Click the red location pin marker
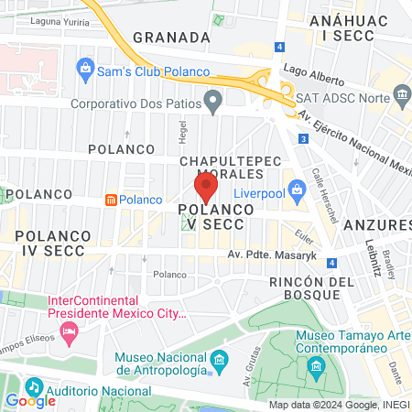tap(206, 188)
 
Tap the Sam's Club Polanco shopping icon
tap(85, 67)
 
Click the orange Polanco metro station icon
tap(110, 200)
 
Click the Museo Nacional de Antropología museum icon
tap(218, 359)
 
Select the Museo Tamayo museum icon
tap(317, 367)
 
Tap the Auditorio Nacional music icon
tap(34, 385)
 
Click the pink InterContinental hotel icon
tap(68, 331)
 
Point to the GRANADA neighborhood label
tap(172, 37)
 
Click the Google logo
tap(30, 400)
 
